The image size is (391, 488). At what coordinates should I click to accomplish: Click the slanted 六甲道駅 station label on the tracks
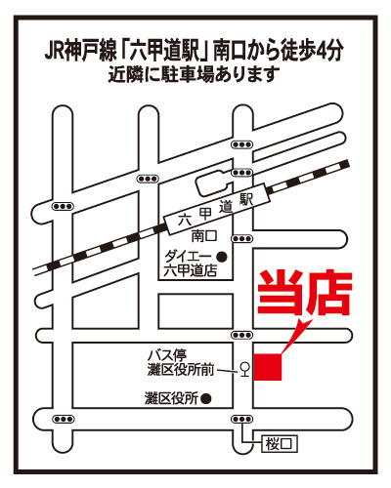click(x=215, y=211)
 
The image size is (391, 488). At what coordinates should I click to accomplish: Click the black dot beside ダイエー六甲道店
click(x=221, y=258)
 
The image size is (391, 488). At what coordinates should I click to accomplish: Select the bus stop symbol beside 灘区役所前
click(x=243, y=369)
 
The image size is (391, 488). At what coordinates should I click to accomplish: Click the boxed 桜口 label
click(x=278, y=443)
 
